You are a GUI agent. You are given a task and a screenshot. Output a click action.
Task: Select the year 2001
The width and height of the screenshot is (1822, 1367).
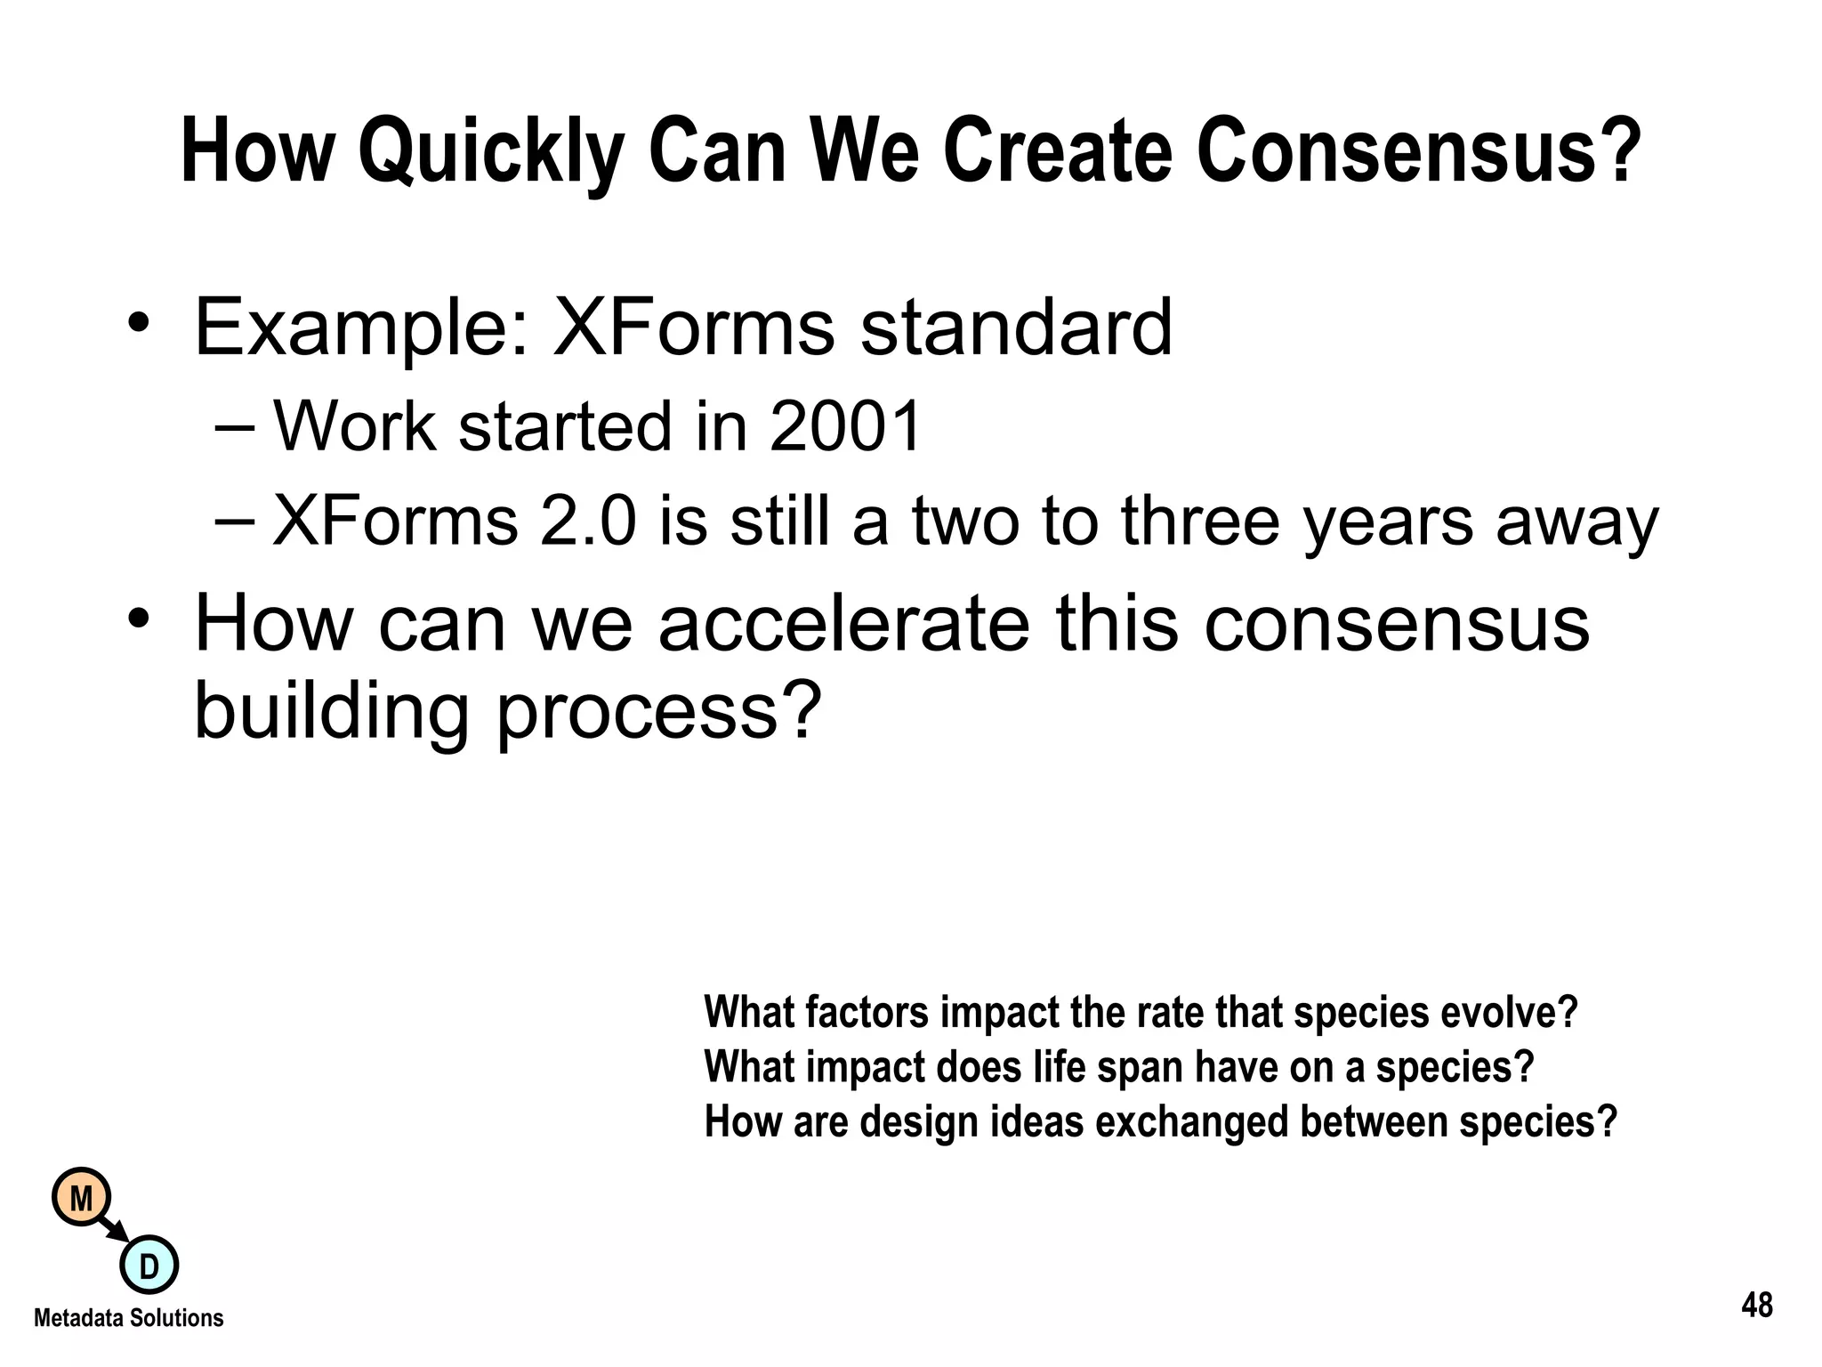844,426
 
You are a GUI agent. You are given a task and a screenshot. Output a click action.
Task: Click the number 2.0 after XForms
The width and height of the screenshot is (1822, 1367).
588,522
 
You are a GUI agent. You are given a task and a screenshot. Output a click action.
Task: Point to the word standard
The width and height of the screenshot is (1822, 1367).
1016,328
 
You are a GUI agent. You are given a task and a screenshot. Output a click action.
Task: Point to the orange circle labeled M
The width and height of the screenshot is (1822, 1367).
82,1198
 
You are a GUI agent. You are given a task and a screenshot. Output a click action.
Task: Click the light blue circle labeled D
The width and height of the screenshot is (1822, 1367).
149,1265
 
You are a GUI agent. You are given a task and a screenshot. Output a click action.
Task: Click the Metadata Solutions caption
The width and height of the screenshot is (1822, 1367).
129,1318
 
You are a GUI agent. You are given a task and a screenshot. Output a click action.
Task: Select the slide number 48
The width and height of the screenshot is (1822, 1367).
1756,1306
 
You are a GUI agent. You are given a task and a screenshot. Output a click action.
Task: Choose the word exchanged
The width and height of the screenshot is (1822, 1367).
1191,1121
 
